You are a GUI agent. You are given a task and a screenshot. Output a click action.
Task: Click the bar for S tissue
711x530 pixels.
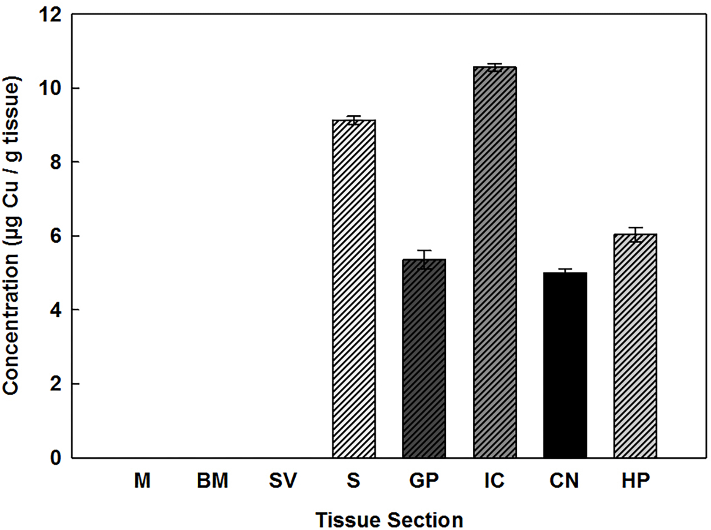point(354,289)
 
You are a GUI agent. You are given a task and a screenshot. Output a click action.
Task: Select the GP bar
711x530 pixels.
point(424,359)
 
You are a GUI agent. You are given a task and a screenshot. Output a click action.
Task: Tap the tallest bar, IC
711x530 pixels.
point(495,262)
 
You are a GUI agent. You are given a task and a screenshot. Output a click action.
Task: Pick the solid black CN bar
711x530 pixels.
point(565,365)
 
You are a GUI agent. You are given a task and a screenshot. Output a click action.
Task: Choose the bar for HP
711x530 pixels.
point(635,346)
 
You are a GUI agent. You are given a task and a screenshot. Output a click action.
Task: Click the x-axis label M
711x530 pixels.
point(142,481)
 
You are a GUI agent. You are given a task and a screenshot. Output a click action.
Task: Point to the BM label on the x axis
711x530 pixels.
point(212,481)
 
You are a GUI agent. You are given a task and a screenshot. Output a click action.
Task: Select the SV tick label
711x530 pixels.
point(283,481)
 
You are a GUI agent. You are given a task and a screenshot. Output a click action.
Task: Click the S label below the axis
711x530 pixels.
point(354,481)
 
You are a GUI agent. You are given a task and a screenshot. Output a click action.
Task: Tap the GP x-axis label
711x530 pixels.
point(424,481)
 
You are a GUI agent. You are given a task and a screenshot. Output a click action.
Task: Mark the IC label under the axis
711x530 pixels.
point(495,481)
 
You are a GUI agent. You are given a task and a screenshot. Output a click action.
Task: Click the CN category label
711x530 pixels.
point(564,481)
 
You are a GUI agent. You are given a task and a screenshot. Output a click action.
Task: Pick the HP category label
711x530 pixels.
point(635,481)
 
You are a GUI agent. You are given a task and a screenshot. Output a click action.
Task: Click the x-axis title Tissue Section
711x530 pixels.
point(389,520)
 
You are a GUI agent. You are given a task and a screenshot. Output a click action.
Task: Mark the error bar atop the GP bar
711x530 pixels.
point(424,259)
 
